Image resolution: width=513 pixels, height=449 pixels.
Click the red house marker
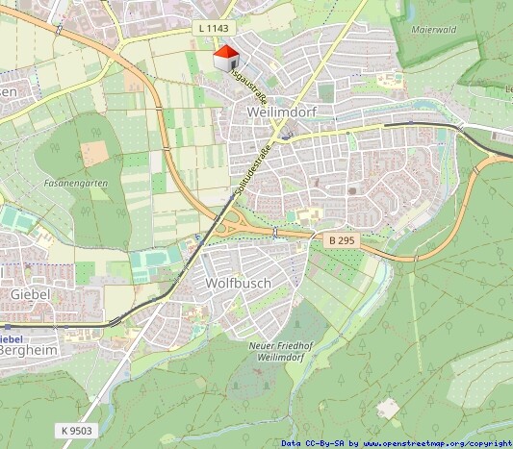point(226,58)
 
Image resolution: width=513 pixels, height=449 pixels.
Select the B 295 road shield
point(343,238)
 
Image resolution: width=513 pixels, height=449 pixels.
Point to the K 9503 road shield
point(74,431)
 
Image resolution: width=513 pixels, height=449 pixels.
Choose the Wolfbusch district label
point(239,284)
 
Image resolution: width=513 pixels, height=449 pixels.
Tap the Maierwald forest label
point(431,30)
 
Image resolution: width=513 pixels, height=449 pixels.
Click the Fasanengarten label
point(75,182)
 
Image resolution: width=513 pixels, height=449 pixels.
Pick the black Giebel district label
point(29,292)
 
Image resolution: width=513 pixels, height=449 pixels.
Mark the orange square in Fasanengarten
point(93,153)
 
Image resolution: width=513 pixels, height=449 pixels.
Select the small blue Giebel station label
point(10,338)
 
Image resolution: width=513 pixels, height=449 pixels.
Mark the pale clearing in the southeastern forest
point(388,408)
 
